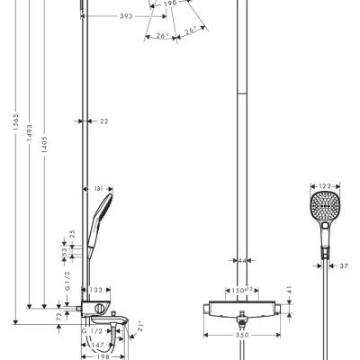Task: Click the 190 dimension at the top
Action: click(169, 4)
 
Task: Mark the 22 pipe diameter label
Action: click(103, 120)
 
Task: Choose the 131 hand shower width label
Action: click(99, 189)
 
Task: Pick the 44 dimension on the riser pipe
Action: click(241, 260)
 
